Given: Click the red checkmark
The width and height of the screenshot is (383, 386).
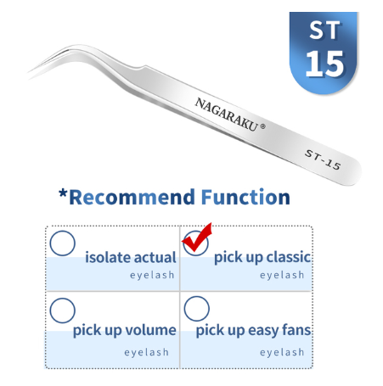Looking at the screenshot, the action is (196, 240).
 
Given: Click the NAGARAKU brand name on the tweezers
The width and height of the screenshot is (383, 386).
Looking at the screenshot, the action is (226, 115).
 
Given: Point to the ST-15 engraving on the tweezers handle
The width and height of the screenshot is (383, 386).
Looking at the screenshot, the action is (323, 159).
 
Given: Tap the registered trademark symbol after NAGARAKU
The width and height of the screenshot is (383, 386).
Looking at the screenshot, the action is (262, 126).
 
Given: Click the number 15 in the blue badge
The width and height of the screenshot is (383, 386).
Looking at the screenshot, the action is (324, 64).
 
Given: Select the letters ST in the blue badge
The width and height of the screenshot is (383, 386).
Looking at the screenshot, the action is (324, 31).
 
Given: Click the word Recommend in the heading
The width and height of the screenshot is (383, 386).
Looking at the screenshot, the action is (132, 197).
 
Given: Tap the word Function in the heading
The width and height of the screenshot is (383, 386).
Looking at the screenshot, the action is (245, 197).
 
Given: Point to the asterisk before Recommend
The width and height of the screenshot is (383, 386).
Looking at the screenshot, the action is (63, 194).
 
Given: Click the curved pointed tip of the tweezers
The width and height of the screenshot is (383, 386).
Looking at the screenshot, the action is (29, 72).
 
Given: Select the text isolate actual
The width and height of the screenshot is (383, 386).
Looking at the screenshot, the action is (131, 257).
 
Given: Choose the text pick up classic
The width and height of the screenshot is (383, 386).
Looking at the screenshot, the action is (262, 258).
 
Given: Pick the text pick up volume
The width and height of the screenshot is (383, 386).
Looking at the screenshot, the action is (125, 330).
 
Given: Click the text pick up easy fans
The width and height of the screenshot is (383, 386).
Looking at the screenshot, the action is (253, 330).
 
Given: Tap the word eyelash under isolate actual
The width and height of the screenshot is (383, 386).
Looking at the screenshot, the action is (152, 275).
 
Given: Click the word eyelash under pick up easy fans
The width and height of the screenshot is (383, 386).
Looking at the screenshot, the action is (282, 352).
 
